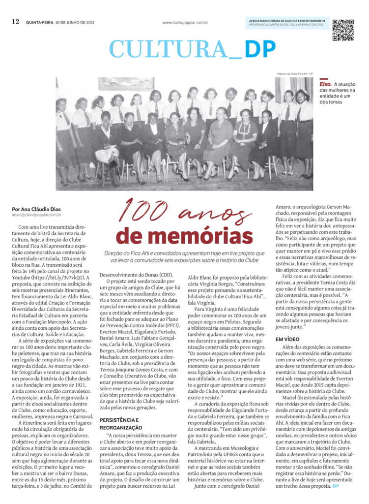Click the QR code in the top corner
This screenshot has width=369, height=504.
coord(342,30)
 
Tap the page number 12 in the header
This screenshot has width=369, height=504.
coord(16,22)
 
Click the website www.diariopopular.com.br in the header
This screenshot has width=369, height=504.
coord(185,23)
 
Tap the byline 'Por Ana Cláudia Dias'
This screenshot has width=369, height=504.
coord(36,209)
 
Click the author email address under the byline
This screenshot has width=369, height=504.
coord(37,215)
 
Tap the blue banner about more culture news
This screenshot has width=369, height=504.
coord(286,22)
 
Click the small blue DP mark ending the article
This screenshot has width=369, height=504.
coord(335,486)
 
